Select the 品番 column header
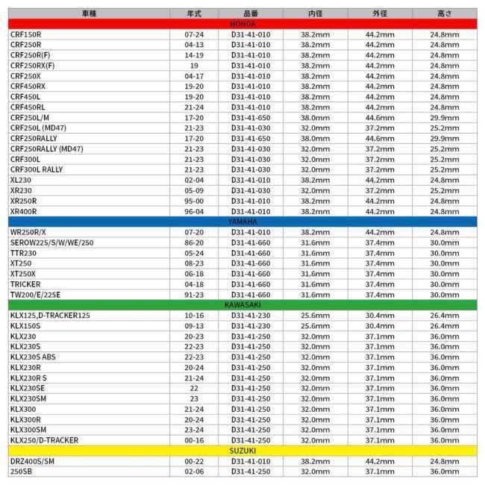[251, 13]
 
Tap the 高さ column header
[444, 13]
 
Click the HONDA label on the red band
[242, 24]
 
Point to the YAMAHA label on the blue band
[242, 222]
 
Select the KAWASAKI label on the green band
[242, 305]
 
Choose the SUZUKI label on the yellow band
[242, 451]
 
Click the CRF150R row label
[25, 34]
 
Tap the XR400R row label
[23, 211]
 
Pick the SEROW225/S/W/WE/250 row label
[51, 242]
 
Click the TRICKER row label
[25, 284]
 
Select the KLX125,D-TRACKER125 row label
[50, 315]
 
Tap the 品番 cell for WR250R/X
[251, 232]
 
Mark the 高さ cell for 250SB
[444, 472]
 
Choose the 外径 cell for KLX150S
[380, 325]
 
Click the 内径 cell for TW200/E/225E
[315, 295]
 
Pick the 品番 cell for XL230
[251, 180]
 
